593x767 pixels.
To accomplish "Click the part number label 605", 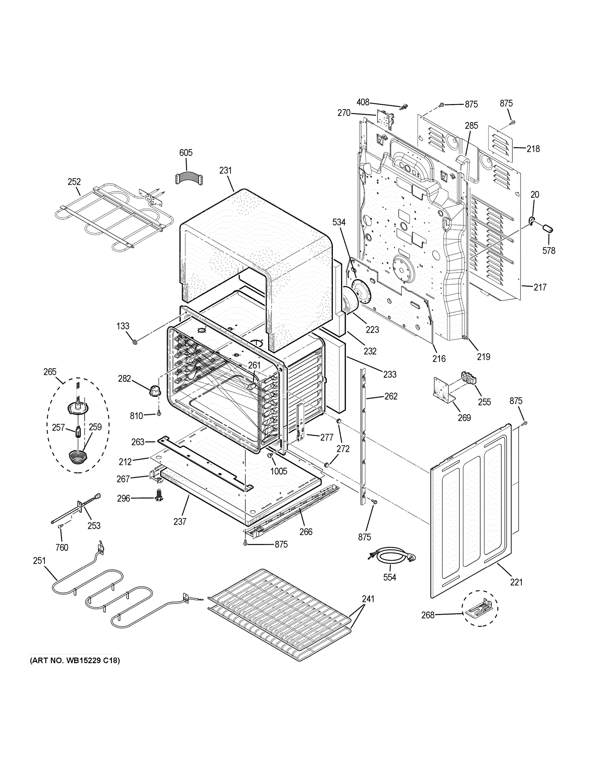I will click(186, 153).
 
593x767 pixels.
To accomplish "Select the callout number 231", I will click(226, 170).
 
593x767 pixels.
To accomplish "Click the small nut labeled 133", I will click(134, 342).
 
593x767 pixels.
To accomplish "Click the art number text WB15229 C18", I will click(75, 661).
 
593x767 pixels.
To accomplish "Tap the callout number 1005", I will click(278, 471).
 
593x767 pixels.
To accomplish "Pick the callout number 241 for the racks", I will click(368, 599).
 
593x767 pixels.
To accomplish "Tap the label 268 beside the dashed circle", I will click(428, 615).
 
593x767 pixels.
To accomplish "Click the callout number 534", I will click(339, 222).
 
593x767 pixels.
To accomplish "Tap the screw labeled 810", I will click(159, 414).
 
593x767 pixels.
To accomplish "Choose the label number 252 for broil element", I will click(74, 182).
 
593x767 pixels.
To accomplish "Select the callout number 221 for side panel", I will click(516, 582).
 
